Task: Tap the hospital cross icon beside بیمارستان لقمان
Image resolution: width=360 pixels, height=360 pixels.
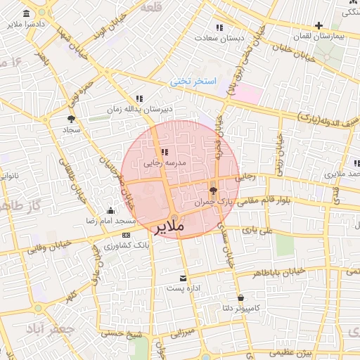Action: (x=319, y=25)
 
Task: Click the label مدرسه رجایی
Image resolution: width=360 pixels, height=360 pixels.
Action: (x=165, y=162)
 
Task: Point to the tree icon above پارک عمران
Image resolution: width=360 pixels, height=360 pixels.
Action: (x=213, y=191)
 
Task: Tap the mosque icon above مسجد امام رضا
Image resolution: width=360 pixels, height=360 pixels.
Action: (x=110, y=210)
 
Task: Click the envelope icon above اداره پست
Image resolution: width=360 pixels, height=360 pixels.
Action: (x=184, y=278)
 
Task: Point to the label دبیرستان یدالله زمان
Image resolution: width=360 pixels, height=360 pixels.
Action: (x=140, y=110)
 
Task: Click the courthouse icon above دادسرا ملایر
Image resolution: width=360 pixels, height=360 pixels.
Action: (x=26, y=15)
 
